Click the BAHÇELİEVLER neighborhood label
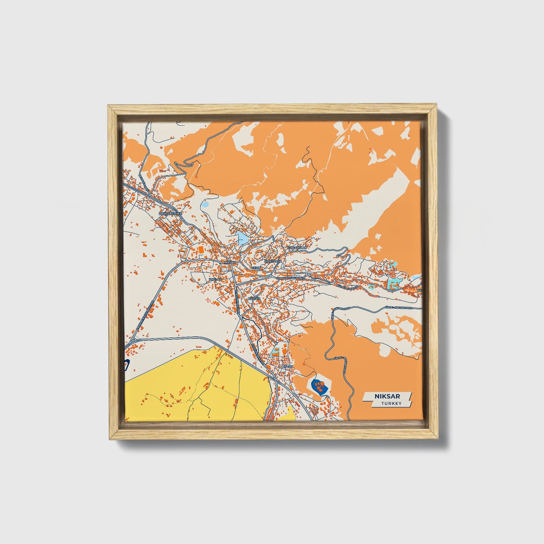[x=171, y=213]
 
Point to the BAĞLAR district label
[x=214, y=280]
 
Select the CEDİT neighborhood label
[x=256, y=268]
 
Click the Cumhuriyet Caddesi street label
[x=292, y=278]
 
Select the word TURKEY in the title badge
[x=391, y=404]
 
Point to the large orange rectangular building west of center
[x=201, y=250]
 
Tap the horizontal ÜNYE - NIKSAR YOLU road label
[x=399, y=308]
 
